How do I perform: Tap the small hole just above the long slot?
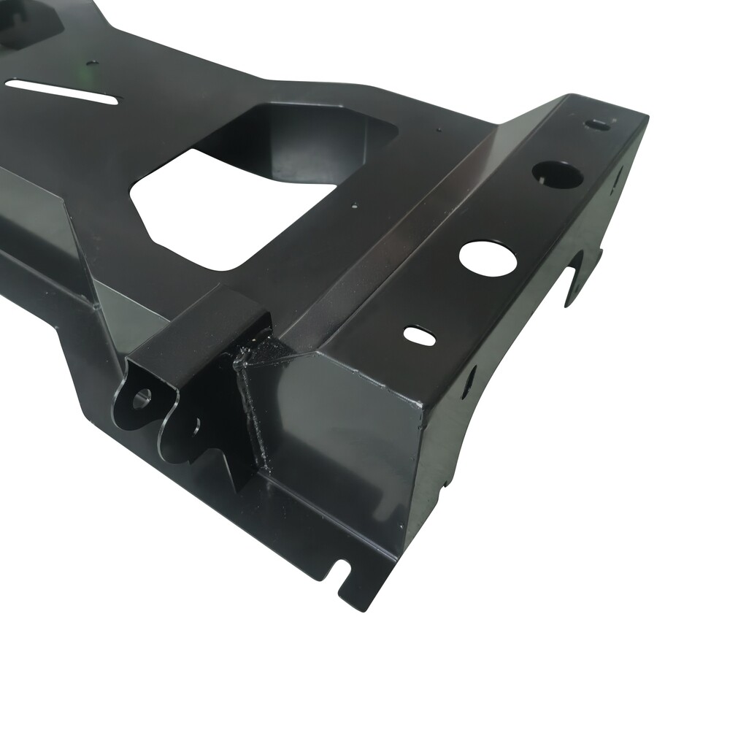coord(93,64)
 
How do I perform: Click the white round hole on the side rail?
coord(488,258)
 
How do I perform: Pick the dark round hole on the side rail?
coord(557,173)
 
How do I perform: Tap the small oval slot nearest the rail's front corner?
coord(420,335)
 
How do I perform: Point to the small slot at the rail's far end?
coord(600,125)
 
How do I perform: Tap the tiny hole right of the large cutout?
coord(353,205)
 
